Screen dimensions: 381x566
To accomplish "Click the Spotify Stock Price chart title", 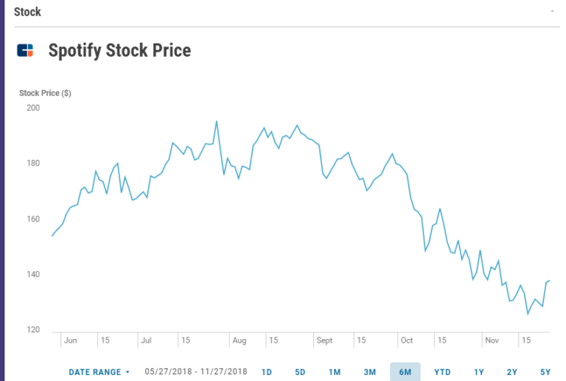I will (119, 51).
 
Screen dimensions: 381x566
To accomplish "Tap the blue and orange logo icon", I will (25, 51).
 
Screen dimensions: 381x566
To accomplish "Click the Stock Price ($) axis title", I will (45, 94).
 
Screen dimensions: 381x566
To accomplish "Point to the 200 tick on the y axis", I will (33, 108).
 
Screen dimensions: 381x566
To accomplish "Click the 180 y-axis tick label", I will (33, 164).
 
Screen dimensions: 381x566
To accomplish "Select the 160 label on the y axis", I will (33, 219).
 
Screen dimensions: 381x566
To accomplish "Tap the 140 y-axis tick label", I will (33, 275).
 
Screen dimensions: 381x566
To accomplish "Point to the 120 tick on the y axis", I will (33, 330).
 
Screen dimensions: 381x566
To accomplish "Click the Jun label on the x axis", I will (71, 341).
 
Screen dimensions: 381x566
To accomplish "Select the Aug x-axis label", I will (239, 341).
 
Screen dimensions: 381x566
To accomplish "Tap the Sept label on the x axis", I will (324, 341).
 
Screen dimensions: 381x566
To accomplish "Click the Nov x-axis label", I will (492, 341).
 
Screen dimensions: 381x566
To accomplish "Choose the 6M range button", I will (405, 372).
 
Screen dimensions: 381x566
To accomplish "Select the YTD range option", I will (442, 372).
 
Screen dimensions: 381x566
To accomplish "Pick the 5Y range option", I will (545, 372).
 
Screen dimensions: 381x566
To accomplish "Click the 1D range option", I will (267, 372).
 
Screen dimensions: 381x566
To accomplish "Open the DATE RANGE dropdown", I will (99, 372).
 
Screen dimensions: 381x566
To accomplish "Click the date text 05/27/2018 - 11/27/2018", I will (196, 372).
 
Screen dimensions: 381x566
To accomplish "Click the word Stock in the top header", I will (27, 12).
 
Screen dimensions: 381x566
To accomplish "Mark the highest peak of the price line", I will (216, 122).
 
